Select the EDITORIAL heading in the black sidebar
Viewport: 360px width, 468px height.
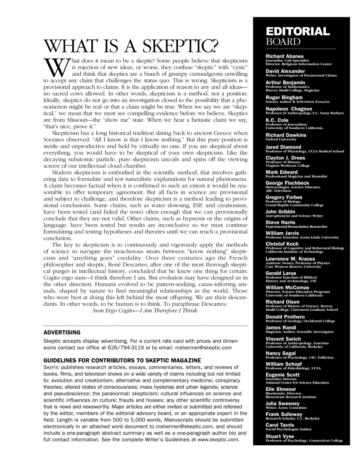298,31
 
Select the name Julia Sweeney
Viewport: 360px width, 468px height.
283,404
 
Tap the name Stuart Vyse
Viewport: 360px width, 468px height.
280,436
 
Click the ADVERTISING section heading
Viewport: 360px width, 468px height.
62,333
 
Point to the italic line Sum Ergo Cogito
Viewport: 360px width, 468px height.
146,311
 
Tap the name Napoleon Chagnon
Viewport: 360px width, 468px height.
289,109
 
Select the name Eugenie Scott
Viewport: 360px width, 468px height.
283,375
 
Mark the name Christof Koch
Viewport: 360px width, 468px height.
282,244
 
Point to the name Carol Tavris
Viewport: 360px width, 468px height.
280,425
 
